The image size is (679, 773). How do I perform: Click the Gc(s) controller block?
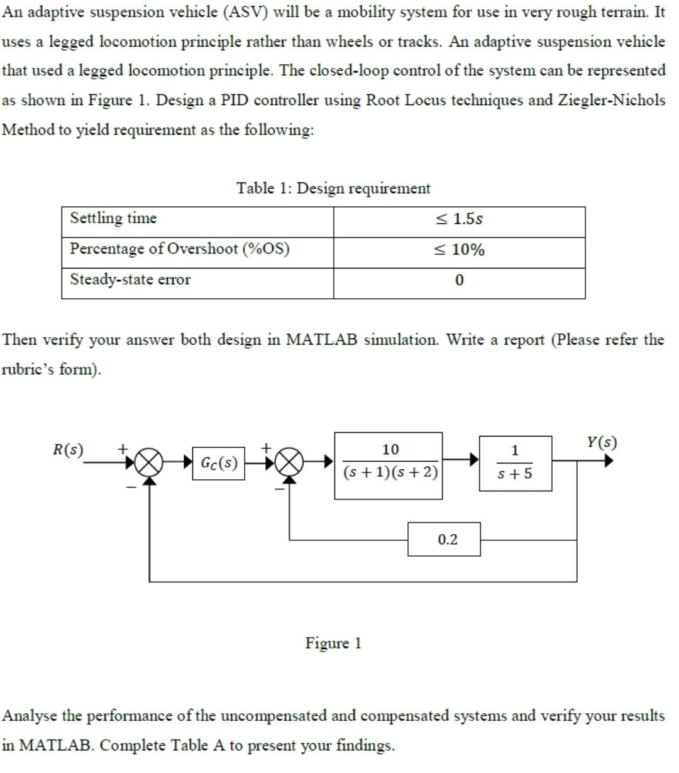tap(218, 464)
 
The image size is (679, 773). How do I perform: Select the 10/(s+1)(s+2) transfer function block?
tap(389, 465)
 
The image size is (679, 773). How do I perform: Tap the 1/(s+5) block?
tap(515, 464)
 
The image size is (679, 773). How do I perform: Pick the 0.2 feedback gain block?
tap(444, 539)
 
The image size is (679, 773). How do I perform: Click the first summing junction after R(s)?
tap(149, 464)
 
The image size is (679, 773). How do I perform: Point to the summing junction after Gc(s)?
tap(289, 464)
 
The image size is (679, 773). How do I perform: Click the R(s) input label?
tap(67, 450)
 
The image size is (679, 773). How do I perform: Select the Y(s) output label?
tap(602, 442)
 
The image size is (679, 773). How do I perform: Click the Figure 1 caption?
tap(333, 643)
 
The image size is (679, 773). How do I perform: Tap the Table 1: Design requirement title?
tap(333, 188)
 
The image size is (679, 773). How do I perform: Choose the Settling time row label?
tap(113, 218)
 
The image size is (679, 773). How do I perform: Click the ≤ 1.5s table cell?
tap(459, 219)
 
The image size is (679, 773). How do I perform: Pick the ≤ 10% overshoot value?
tap(459, 250)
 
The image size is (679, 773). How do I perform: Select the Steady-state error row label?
tap(130, 279)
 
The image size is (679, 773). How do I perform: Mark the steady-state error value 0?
tap(459, 280)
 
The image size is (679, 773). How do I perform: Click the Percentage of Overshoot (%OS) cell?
tap(180, 248)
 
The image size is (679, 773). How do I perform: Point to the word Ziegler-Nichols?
tap(611, 100)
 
